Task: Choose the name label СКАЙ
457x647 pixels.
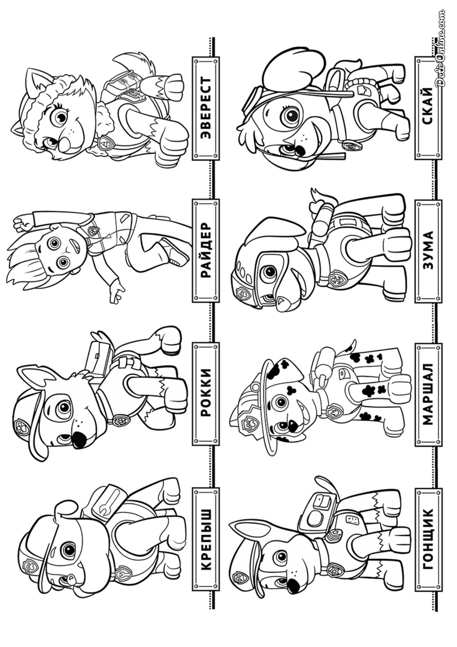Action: click(x=428, y=108)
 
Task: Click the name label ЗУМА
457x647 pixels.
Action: click(x=428, y=251)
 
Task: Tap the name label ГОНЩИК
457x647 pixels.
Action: click(x=428, y=537)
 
